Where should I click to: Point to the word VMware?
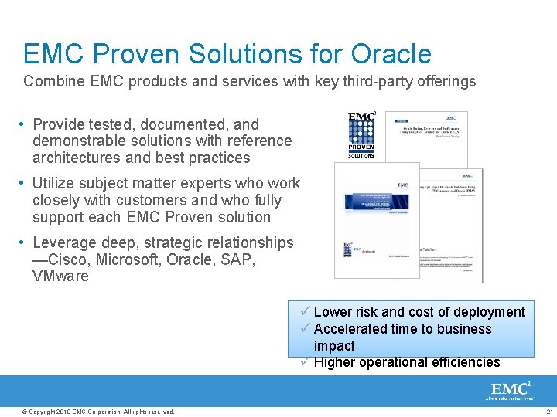click(x=60, y=276)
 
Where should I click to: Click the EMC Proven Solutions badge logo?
click(x=361, y=134)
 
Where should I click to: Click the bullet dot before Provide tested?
click(x=26, y=124)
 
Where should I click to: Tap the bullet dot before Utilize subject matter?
click(x=26, y=184)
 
